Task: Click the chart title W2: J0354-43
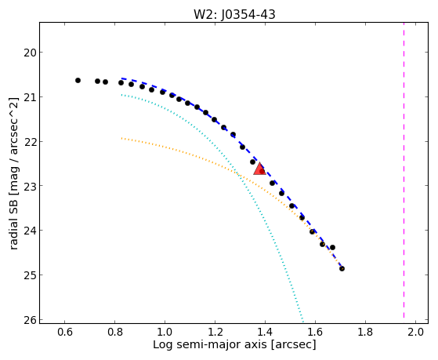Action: point(234,14)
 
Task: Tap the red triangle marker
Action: point(259,169)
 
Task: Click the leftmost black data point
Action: point(78,81)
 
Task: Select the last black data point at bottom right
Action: point(342,269)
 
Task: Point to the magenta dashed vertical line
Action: point(404,170)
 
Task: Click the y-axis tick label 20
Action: point(30,53)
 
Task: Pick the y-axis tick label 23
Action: point(30,186)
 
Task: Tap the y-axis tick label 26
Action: point(30,320)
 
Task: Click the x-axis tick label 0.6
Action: point(64,333)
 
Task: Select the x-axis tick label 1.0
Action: point(165,333)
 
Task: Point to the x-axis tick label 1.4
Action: point(265,333)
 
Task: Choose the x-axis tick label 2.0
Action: point(415,333)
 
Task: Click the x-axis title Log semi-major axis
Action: point(210,345)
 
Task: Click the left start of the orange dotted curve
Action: point(121,138)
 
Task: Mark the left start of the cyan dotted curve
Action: point(121,95)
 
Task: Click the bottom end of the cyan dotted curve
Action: point(302,319)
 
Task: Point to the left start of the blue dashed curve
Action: point(121,78)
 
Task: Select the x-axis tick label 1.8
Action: point(365,333)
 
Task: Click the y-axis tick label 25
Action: point(30,275)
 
